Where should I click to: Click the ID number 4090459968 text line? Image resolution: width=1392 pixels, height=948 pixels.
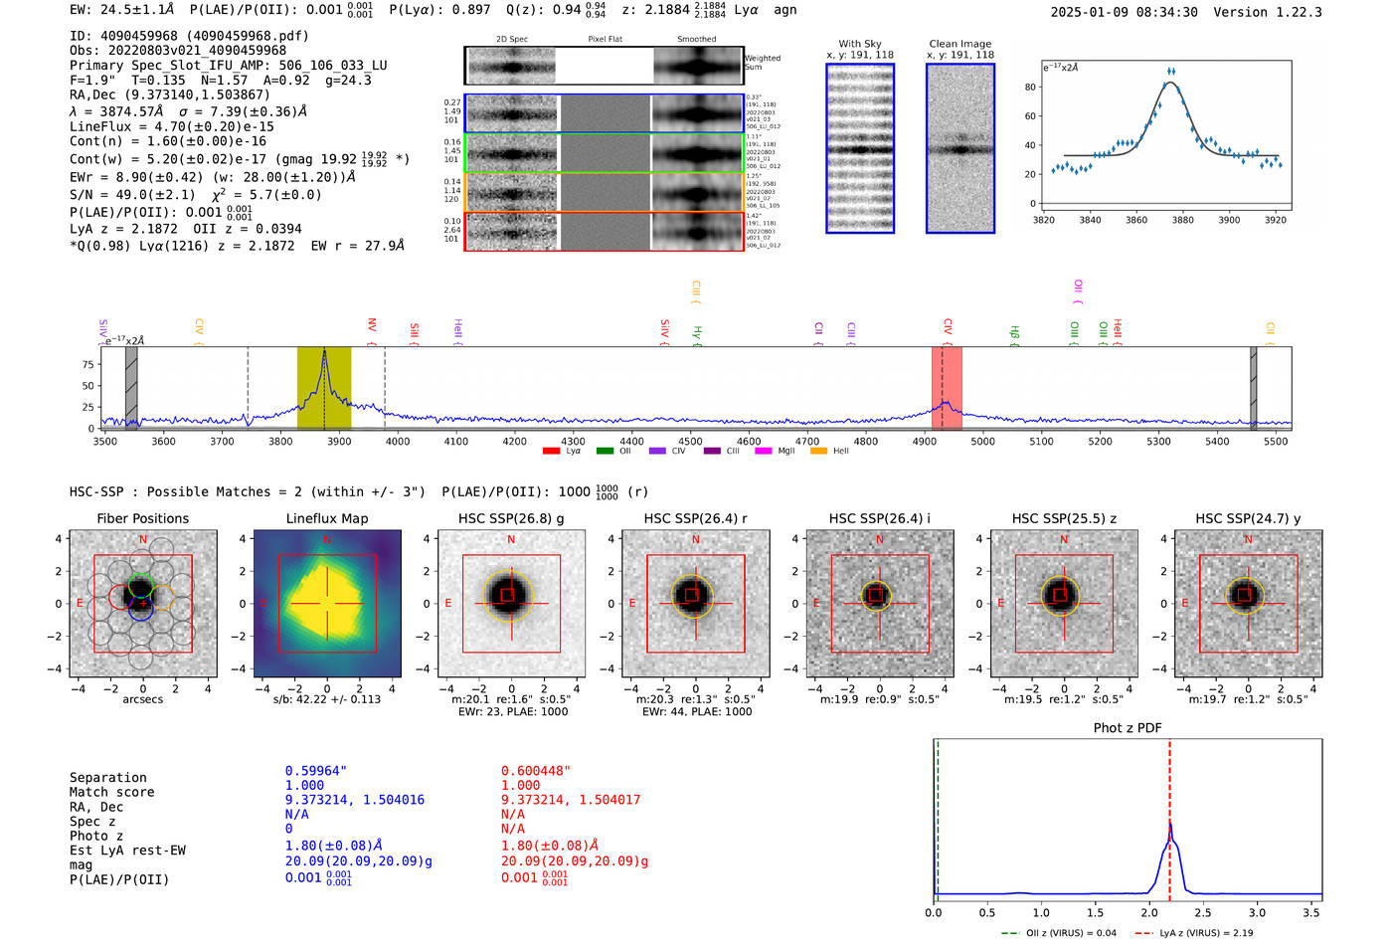[x=189, y=36]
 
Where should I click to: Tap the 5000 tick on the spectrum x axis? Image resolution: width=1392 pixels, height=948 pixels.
[x=982, y=441]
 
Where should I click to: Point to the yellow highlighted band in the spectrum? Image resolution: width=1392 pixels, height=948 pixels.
[x=324, y=388]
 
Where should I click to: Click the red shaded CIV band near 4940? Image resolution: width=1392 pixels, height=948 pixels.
[x=946, y=388]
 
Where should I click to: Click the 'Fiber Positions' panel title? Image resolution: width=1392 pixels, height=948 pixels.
[x=142, y=518]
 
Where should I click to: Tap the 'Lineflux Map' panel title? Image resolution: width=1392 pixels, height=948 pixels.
[x=326, y=518]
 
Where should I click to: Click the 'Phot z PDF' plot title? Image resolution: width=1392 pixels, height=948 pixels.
[x=1128, y=727]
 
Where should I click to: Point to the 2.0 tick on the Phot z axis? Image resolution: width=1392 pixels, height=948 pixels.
[x=1149, y=912]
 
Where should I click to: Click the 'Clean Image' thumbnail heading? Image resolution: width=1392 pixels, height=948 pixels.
[x=959, y=44]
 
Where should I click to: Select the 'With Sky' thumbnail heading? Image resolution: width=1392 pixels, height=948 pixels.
[x=859, y=44]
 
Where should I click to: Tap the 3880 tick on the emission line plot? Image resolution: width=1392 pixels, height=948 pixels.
[x=1182, y=220]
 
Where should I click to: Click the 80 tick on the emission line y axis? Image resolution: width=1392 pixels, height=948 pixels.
[x=1030, y=88]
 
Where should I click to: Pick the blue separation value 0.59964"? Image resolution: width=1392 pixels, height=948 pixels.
[x=316, y=771]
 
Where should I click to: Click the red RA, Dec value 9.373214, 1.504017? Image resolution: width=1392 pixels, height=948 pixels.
[x=570, y=800]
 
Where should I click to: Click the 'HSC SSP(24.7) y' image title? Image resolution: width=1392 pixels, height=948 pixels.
[x=1248, y=518]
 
